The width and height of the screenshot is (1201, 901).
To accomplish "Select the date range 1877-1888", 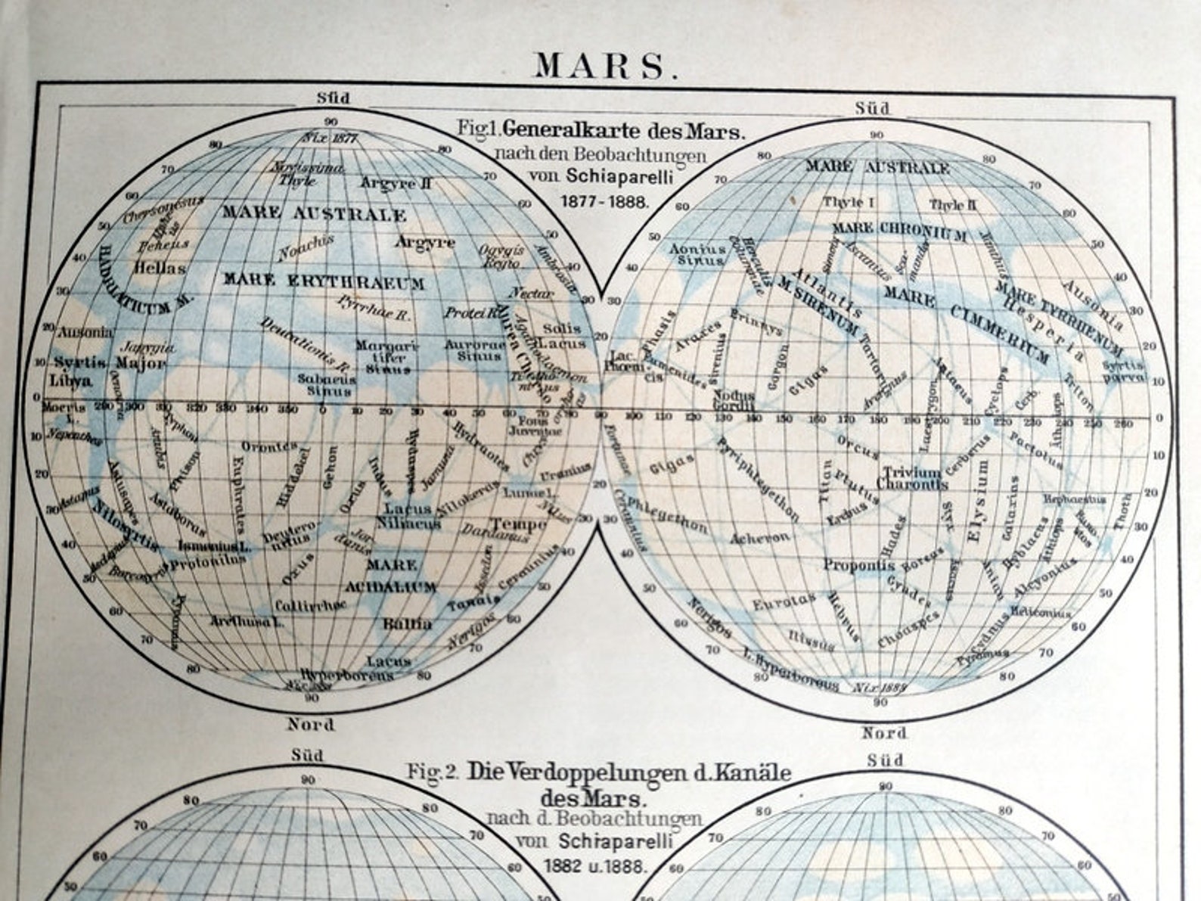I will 604,202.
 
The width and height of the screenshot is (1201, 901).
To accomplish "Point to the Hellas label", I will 160,267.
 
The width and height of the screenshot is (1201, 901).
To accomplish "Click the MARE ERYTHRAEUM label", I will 324,282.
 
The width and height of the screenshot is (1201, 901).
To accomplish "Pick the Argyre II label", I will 396,183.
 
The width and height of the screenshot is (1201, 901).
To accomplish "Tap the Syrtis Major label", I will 110,362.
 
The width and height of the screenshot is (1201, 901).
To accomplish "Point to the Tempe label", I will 519,524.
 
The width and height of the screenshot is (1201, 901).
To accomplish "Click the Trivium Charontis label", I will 912,478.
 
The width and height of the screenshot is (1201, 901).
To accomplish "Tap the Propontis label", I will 859,564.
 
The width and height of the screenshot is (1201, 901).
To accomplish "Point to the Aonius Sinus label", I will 697,253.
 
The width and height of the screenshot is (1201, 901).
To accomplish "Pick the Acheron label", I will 760,538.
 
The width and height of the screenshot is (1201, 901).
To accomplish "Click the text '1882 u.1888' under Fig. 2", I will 594,865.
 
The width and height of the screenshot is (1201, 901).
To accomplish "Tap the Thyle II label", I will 953,204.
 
